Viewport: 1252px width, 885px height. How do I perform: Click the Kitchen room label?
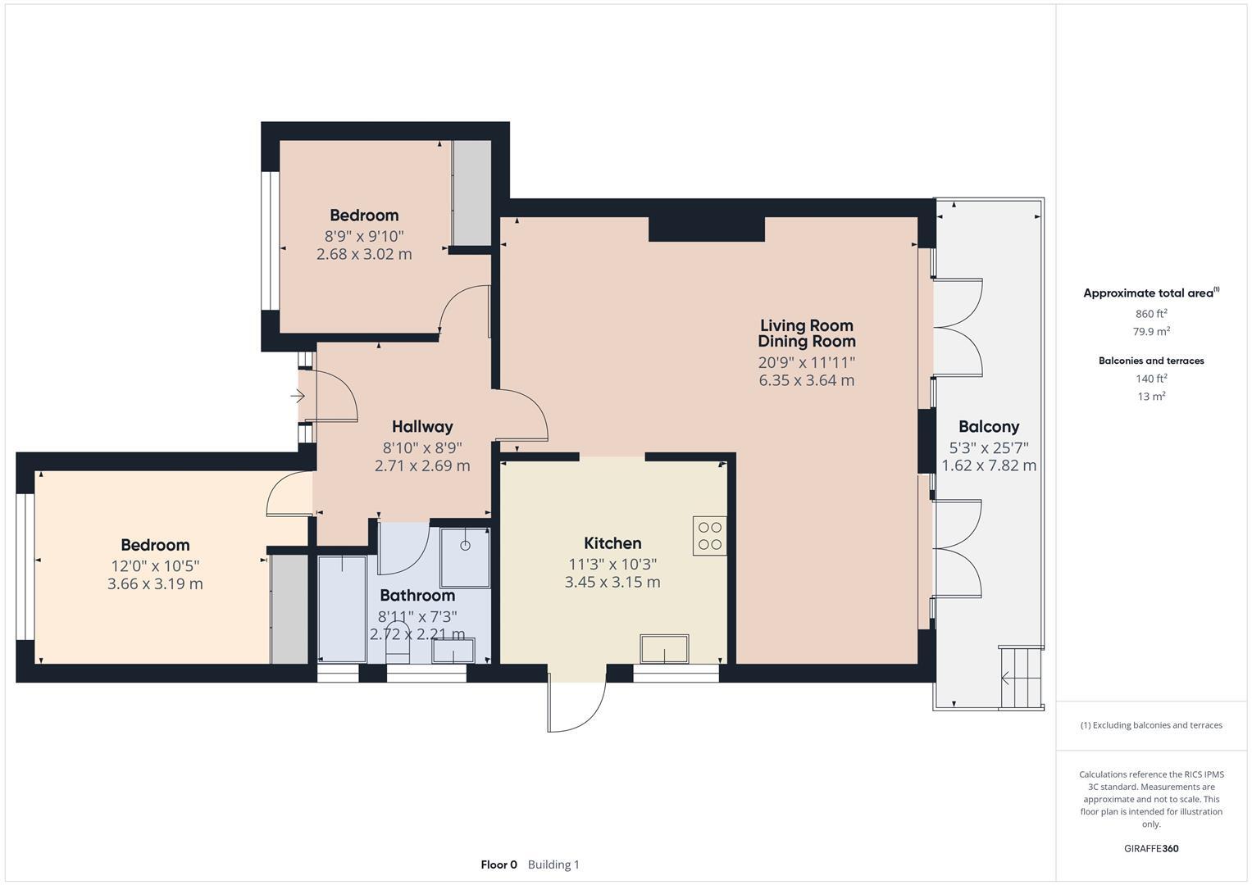pos(612,543)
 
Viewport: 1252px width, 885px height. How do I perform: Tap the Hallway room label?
pos(422,426)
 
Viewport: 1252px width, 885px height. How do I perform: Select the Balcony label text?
pos(989,426)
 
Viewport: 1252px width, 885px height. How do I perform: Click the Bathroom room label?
pos(417,596)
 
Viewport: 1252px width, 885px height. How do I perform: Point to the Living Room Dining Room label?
pos(806,334)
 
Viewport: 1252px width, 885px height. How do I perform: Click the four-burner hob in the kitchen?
pos(709,536)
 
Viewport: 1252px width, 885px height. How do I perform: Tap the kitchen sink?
pos(665,649)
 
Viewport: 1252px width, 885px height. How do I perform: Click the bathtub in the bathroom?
pos(342,608)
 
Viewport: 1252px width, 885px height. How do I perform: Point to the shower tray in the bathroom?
pos(465,558)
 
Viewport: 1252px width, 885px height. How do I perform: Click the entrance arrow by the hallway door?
pos(297,397)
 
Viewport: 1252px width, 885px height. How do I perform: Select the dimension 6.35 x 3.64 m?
pos(806,380)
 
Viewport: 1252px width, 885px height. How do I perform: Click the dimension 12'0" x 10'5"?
pos(155,566)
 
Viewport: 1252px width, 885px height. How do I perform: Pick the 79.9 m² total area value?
pos(1150,332)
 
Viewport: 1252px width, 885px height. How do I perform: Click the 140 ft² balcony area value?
pos(1150,379)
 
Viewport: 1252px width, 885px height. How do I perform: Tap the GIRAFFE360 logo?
pos(1150,849)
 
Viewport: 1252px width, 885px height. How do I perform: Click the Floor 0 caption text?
pos(499,865)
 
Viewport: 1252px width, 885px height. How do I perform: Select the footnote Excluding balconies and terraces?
pos(1150,725)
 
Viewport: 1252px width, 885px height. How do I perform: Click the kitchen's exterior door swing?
pos(577,705)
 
